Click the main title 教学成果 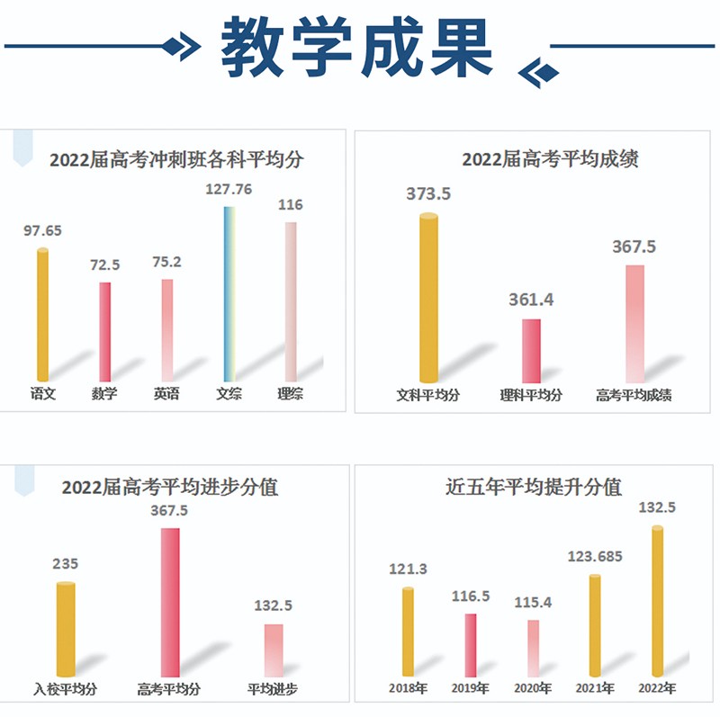click(x=357, y=48)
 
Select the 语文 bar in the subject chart click(x=42, y=315)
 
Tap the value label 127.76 click(x=229, y=189)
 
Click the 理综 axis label click(x=291, y=393)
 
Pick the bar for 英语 click(x=166, y=329)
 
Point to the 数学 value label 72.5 click(x=104, y=265)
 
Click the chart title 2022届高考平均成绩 click(x=537, y=160)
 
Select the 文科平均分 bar click(x=429, y=297)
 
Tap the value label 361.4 click(x=531, y=300)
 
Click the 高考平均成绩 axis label click(x=634, y=395)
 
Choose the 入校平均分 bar click(x=66, y=629)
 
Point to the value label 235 click(x=66, y=564)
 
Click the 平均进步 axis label click(x=273, y=690)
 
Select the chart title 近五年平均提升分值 click(x=534, y=488)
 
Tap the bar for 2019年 click(x=471, y=644)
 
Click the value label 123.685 click(x=595, y=557)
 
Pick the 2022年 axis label click(x=658, y=689)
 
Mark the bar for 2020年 click(x=534, y=648)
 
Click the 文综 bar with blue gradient click(x=229, y=293)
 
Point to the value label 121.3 click(x=409, y=569)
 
